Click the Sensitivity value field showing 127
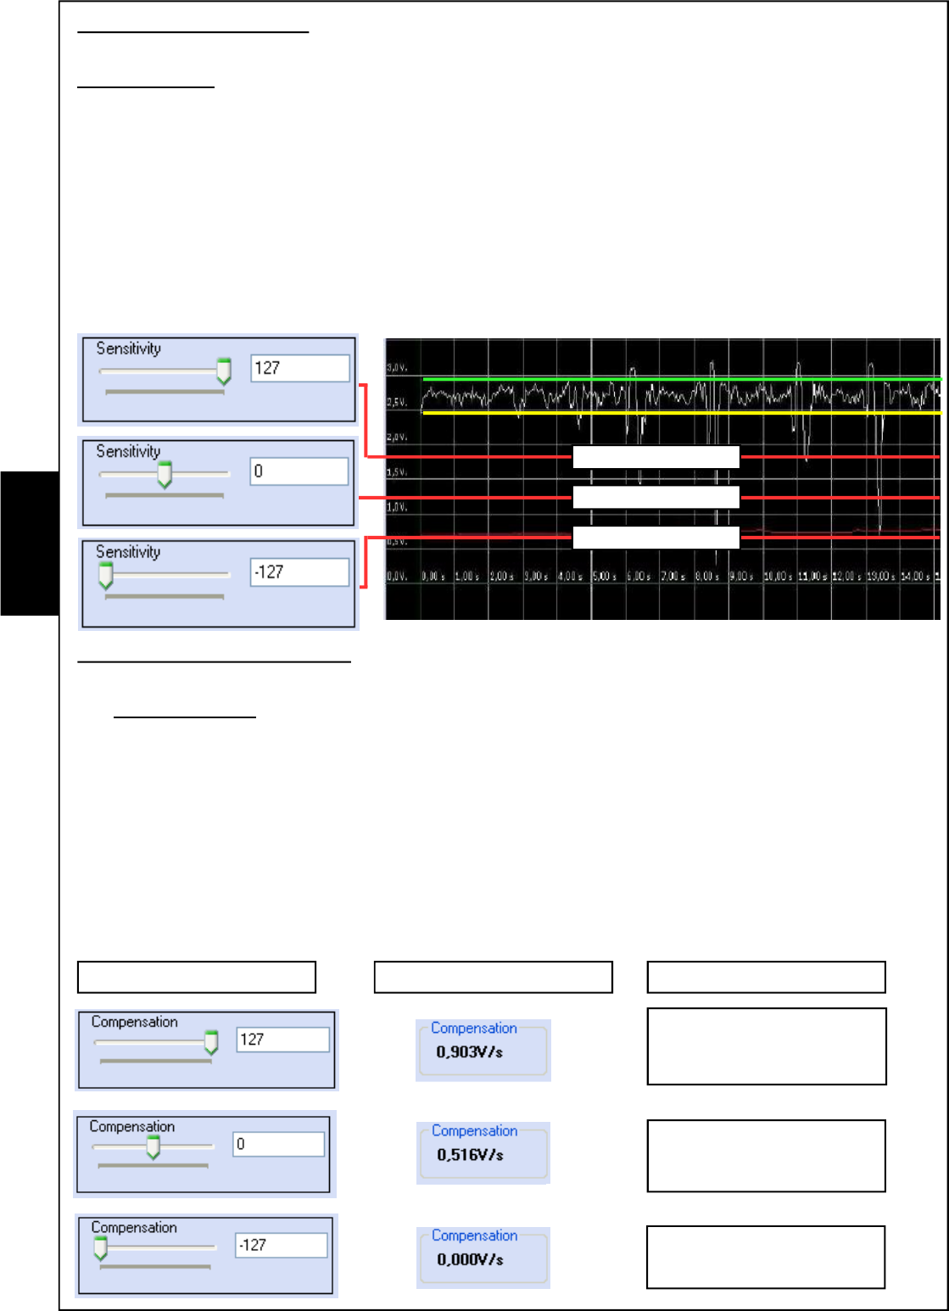point(300,368)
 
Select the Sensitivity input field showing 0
point(299,471)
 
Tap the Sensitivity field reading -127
point(299,572)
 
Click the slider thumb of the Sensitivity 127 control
point(223,371)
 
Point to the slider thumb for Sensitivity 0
point(165,474)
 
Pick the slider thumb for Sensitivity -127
point(105,576)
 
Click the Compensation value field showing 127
point(282,1040)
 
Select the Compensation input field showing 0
point(278,1144)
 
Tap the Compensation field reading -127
point(281,1245)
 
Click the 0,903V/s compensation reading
point(469,1052)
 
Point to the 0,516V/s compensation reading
point(470,1155)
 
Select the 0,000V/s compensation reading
point(470,1260)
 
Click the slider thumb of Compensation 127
point(211,1042)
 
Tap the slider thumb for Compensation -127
point(100,1247)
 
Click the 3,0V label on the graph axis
point(396,367)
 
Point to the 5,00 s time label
point(604,577)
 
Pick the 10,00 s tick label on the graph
point(778,577)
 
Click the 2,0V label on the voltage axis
point(396,437)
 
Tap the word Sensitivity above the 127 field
point(128,349)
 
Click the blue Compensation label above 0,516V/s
point(474,1130)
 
